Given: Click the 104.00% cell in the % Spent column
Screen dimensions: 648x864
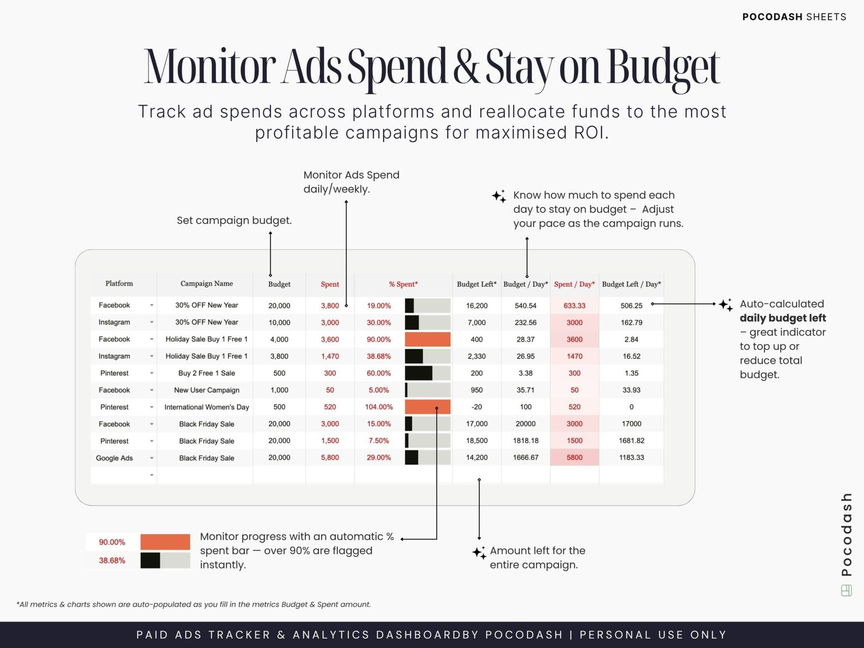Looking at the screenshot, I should point(379,407).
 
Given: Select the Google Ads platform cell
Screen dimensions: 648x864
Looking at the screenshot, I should point(114,458).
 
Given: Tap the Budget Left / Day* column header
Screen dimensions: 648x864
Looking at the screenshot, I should point(631,284).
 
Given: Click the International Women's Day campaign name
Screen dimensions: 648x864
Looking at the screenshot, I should point(206,407).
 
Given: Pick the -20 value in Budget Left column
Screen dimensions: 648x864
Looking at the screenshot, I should point(476,407).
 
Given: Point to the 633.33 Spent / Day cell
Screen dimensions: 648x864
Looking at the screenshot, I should point(574,306).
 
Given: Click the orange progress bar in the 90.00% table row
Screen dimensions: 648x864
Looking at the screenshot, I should point(427,340).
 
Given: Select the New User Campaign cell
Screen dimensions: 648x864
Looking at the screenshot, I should point(206,390).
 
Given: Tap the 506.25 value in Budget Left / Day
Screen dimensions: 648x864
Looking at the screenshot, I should point(631,306).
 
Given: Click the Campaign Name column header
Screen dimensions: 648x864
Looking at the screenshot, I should point(206,283).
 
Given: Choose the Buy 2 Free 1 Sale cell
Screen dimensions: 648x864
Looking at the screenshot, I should point(206,373).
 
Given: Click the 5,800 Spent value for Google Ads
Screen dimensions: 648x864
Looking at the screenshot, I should point(330,457).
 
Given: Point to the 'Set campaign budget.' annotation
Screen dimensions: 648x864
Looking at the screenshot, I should point(234,220).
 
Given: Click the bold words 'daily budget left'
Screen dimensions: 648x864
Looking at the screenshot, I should point(782,318).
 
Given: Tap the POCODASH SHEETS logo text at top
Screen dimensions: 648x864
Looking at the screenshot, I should point(794,17).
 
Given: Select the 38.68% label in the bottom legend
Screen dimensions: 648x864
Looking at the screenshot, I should point(112,561).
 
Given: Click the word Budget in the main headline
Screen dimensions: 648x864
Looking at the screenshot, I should point(664,67).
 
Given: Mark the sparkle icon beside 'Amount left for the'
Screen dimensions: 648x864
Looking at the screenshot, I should point(479,552).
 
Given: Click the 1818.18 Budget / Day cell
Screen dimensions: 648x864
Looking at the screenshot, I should point(525,441).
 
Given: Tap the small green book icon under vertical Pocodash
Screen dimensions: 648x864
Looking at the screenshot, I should point(846,591).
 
